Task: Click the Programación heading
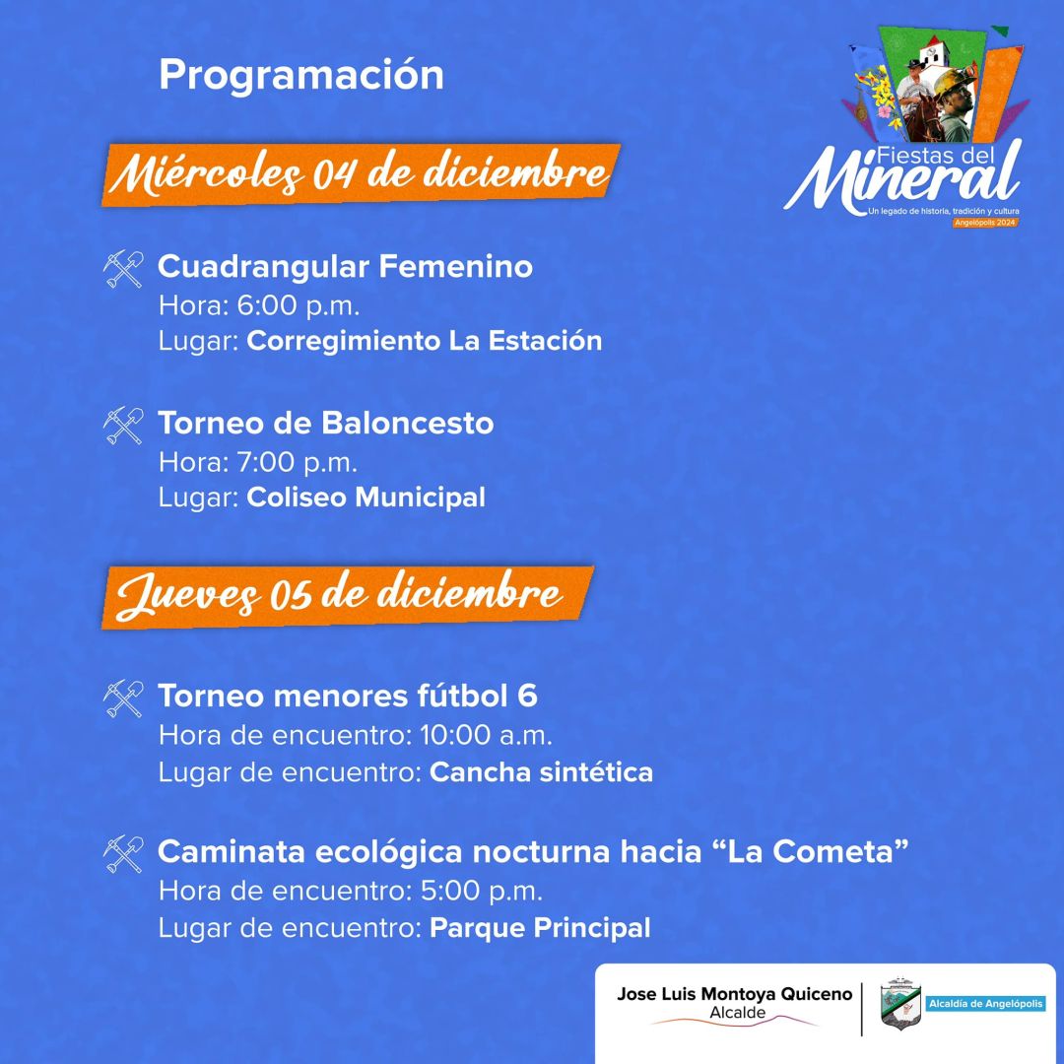click(x=300, y=75)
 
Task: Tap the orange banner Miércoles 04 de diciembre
click(x=361, y=175)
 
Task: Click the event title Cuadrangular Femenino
click(x=345, y=266)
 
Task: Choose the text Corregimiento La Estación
click(x=424, y=341)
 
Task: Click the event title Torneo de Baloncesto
click(x=326, y=423)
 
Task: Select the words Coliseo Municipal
click(x=366, y=498)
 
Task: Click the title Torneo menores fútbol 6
click(x=348, y=696)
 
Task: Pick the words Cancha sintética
click(x=541, y=772)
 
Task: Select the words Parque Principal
click(x=540, y=928)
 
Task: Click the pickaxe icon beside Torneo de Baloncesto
click(x=124, y=425)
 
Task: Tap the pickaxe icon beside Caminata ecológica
click(x=124, y=853)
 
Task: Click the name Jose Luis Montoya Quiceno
click(x=734, y=995)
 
